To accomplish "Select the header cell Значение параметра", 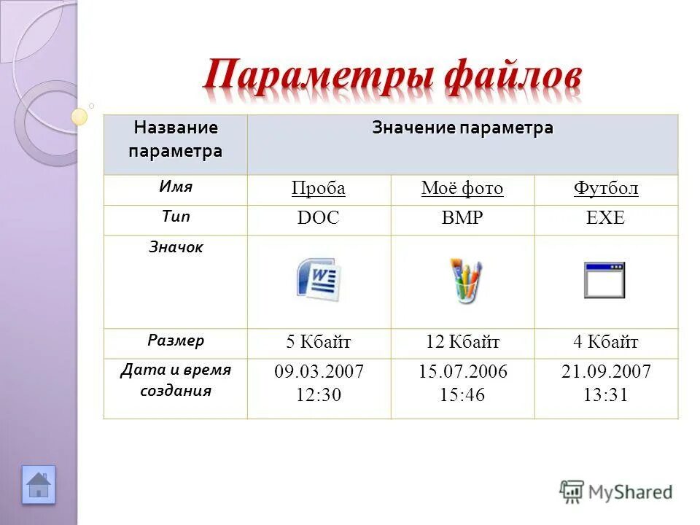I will [462, 128].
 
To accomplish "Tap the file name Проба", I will [318, 189].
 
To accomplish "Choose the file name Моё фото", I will [462, 189].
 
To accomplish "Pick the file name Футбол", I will [606, 189].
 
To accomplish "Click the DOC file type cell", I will [318, 219].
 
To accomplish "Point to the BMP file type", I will [462, 219].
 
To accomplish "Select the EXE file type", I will [606, 219].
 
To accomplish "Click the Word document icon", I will [319, 280].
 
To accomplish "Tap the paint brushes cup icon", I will [464, 281].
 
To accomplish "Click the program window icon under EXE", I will [604, 281].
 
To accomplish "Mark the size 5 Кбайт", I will [319, 342].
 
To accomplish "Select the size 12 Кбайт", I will [462, 342].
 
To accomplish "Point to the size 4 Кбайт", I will [606, 342].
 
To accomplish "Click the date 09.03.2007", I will [319, 372].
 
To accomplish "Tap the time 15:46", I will [462, 395].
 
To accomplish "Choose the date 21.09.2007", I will [606, 372].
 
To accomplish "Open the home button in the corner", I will [39, 485].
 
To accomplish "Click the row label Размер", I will [176, 340].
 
